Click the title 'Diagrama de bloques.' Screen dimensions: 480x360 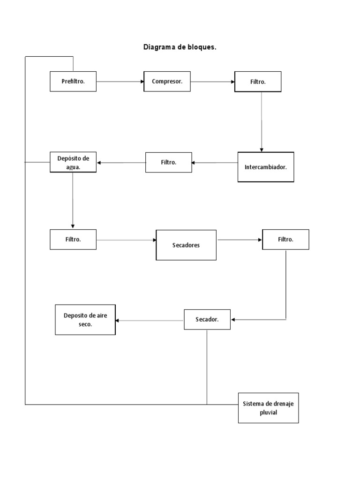coord(180,47)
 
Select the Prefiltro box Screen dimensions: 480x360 coord(73,82)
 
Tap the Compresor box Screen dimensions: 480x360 coord(167,82)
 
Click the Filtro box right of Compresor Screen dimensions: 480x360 coord(258,82)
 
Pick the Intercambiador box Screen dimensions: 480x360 coord(266,167)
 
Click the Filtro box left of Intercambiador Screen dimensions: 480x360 coord(169,162)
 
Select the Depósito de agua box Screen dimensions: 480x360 coord(73,162)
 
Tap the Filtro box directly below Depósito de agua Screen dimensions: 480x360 coord(73,240)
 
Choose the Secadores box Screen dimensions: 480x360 coord(186,245)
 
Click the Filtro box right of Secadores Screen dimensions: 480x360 coord(285,240)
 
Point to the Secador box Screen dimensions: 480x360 coord(207,320)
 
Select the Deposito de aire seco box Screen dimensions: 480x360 coord(85,320)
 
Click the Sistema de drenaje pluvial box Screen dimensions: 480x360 coord(268,408)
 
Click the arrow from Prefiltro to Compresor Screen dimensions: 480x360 coord(120,82)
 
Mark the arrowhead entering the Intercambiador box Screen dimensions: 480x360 coord(262,150)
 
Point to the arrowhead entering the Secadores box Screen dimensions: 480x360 coord(153,240)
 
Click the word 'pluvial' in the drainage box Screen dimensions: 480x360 coord(269,412)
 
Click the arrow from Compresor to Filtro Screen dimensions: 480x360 coord(212,82)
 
